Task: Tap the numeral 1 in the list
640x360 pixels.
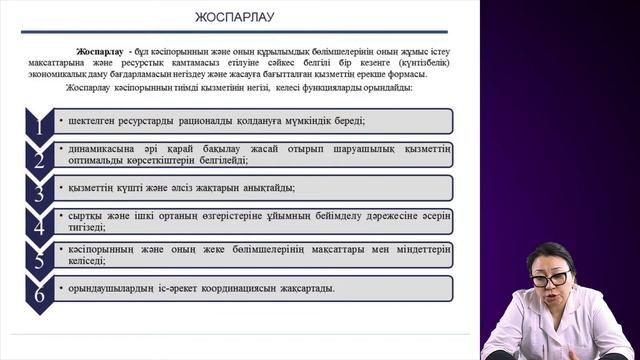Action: click(38, 126)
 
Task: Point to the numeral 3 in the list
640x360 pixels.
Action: click(38, 193)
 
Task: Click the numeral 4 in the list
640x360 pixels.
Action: click(38, 226)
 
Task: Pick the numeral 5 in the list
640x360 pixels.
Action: click(38, 259)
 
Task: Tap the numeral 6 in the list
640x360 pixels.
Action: click(38, 293)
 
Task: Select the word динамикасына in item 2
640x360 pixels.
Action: click(95, 148)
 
